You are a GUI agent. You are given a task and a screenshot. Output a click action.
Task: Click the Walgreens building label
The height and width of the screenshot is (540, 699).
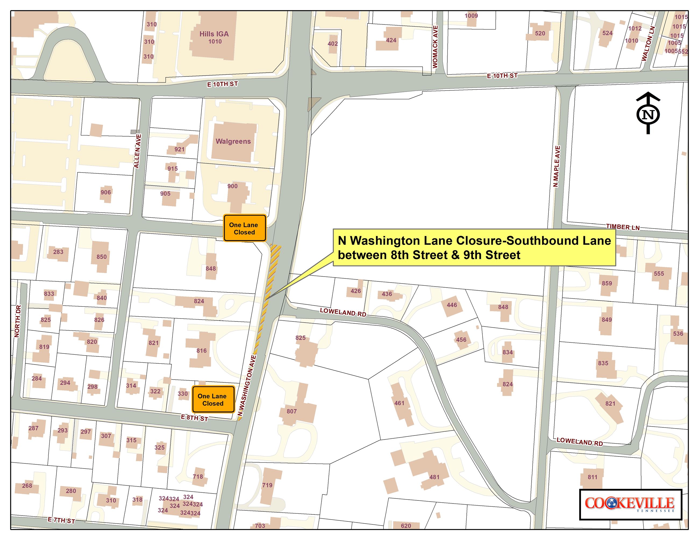click(233, 141)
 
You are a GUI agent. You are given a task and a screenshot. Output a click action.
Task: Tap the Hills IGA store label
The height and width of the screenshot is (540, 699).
click(214, 34)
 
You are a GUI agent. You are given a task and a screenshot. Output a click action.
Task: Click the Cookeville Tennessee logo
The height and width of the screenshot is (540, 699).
click(630, 505)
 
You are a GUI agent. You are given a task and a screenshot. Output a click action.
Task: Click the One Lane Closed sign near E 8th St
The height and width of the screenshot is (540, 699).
click(213, 400)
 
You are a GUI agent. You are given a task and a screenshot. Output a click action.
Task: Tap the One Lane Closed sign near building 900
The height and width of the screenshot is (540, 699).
click(244, 228)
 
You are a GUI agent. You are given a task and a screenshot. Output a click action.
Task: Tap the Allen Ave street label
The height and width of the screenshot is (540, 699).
click(137, 151)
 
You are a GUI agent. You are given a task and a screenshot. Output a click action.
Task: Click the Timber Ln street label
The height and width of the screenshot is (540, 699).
click(622, 227)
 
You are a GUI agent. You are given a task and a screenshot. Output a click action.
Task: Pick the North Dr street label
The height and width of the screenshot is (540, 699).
click(17, 321)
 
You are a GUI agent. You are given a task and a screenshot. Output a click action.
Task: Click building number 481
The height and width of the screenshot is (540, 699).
click(434, 477)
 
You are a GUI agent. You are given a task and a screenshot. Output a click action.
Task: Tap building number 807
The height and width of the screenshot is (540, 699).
click(292, 411)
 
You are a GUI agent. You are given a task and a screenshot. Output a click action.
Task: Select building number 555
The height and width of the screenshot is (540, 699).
click(659, 274)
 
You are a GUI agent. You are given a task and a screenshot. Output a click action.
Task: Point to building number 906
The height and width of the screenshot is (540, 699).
click(106, 192)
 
